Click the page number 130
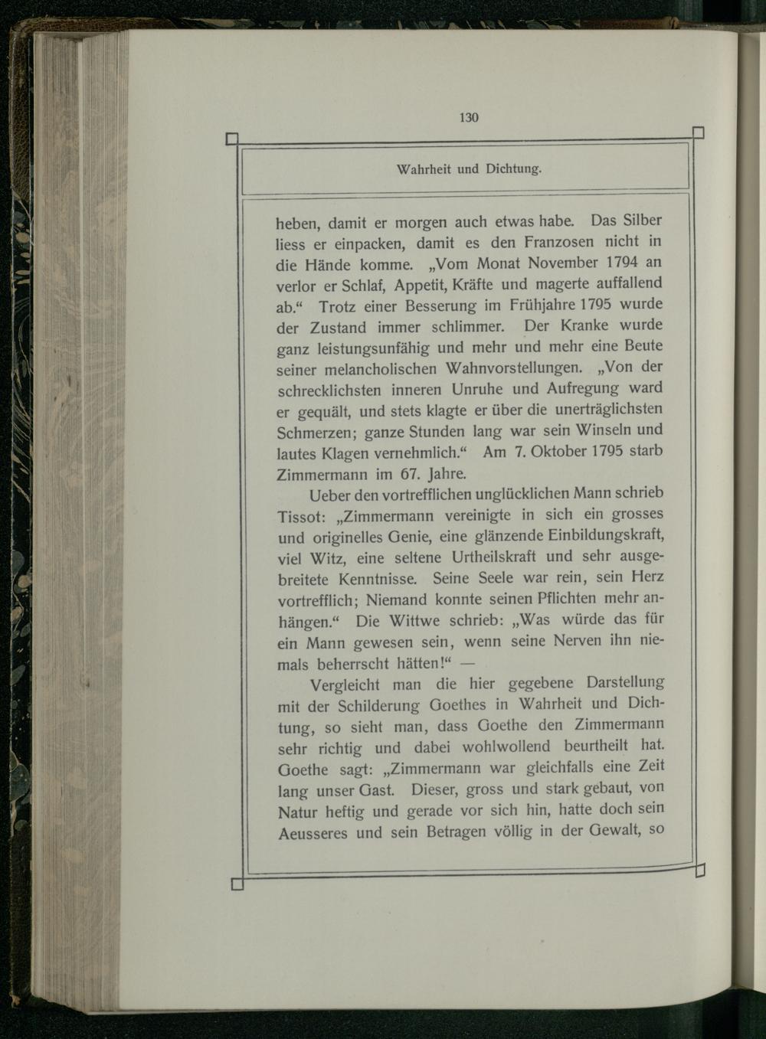[x=468, y=117]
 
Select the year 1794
[x=627, y=262]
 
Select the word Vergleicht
[x=347, y=683]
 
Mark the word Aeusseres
[x=313, y=832]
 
